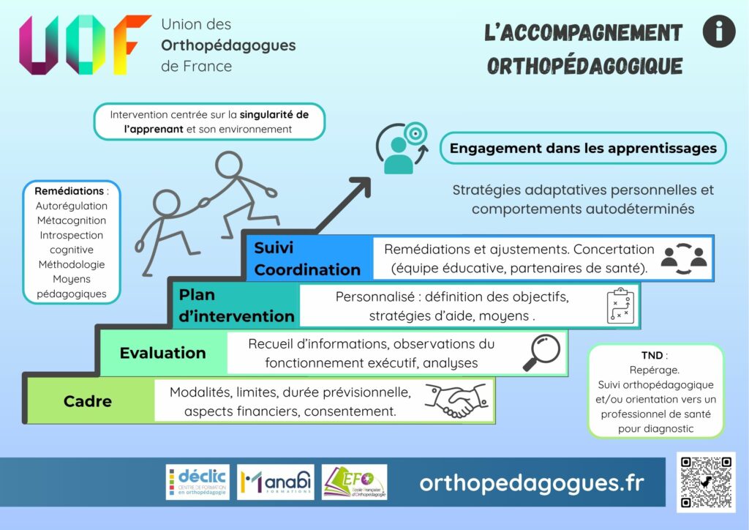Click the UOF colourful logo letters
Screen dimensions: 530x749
click(x=85, y=45)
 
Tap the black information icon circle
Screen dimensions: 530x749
click(x=718, y=32)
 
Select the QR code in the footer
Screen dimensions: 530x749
click(x=705, y=482)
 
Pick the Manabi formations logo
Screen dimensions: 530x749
click(x=276, y=482)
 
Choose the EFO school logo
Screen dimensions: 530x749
click(x=355, y=482)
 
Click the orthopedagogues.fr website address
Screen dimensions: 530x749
click(x=532, y=483)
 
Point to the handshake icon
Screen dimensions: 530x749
click(x=456, y=400)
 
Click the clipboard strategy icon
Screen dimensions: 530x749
click(x=622, y=306)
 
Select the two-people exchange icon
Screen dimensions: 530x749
click(x=684, y=258)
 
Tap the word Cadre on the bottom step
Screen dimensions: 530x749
click(x=88, y=401)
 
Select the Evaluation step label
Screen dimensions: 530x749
click(x=163, y=353)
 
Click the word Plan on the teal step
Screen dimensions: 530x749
click(x=197, y=295)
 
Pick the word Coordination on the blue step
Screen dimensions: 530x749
click(x=307, y=269)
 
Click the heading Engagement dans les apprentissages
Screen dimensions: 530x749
click(x=583, y=149)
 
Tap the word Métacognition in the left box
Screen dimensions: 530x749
click(x=71, y=220)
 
